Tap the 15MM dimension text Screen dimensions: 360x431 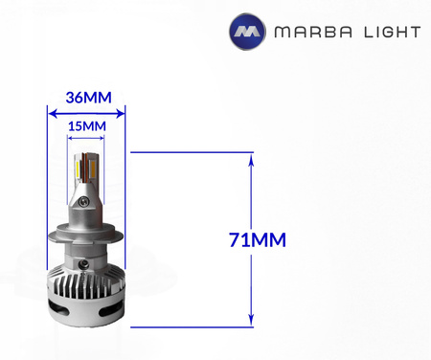tap(86, 124)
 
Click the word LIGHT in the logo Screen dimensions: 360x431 tap(389, 32)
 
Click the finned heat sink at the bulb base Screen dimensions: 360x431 tap(87, 287)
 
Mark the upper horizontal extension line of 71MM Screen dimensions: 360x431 tap(192, 152)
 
